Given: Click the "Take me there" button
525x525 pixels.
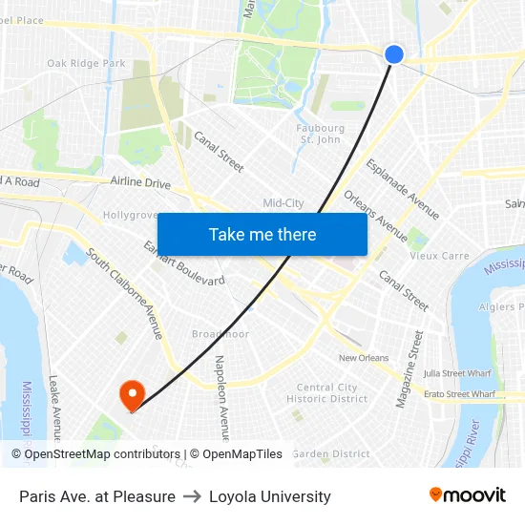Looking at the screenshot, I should click(262, 234).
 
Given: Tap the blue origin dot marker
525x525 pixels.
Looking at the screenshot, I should click(394, 54).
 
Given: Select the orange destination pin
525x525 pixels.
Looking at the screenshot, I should click(131, 395).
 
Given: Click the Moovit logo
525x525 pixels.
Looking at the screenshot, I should click(467, 494).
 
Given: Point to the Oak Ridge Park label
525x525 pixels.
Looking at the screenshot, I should click(86, 64).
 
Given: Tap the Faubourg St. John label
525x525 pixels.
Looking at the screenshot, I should click(321, 134).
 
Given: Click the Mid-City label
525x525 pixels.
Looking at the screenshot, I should click(283, 203).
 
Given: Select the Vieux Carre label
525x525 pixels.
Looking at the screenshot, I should click(439, 256).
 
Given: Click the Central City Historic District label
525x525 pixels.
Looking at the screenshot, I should click(327, 393).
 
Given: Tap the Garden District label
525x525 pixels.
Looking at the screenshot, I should click(330, 454).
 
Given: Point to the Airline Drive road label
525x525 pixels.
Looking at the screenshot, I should click(140, 182).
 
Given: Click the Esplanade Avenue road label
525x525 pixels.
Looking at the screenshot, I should click(403, 188).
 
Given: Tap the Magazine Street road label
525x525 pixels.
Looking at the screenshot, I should click(409, 369).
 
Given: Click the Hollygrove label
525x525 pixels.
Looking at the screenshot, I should click(130, 215).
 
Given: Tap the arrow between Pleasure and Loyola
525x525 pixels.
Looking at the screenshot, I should click(192, 496).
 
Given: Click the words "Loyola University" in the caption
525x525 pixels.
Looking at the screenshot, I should click(270, 496).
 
